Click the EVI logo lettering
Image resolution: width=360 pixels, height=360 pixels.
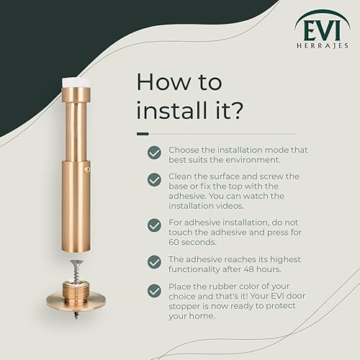pyautogui.click(x=322, y=31)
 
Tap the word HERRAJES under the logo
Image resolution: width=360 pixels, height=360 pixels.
pyautogui.click(x=323, y=45)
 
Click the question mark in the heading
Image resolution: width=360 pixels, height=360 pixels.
pyautogui.click(x=235, y=110)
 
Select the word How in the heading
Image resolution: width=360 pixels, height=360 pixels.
pyautogui.click(x=163, y=82)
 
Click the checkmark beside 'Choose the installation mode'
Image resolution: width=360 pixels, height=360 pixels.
pyautogui.click(x=154, y=153)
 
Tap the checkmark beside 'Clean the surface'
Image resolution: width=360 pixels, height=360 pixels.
pyautogui.click(x=154, y=179)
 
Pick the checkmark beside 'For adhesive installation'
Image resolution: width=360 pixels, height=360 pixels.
pyautogui.click(x=154, y=225)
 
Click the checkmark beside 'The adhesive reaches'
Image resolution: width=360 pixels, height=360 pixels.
pyautogui.click(x=154, y=262)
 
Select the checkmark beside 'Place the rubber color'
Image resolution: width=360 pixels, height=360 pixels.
pyautogui.click(x=154, y=291)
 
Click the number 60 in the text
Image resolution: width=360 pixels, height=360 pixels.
pyautogui.click(x=174, y=242)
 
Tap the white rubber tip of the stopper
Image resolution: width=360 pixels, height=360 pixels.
pyautogui.click(x=76, y=82)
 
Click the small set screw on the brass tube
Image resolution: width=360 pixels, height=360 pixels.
pyautogui.click(x=86, y=170)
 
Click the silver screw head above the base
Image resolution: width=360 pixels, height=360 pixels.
pyautogui.click(x=76, y=262)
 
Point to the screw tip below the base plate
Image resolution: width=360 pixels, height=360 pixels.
pyautogui.click(x=76, y=316)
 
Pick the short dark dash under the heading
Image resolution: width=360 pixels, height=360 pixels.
pyautogui.click(x=143, y=134)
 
